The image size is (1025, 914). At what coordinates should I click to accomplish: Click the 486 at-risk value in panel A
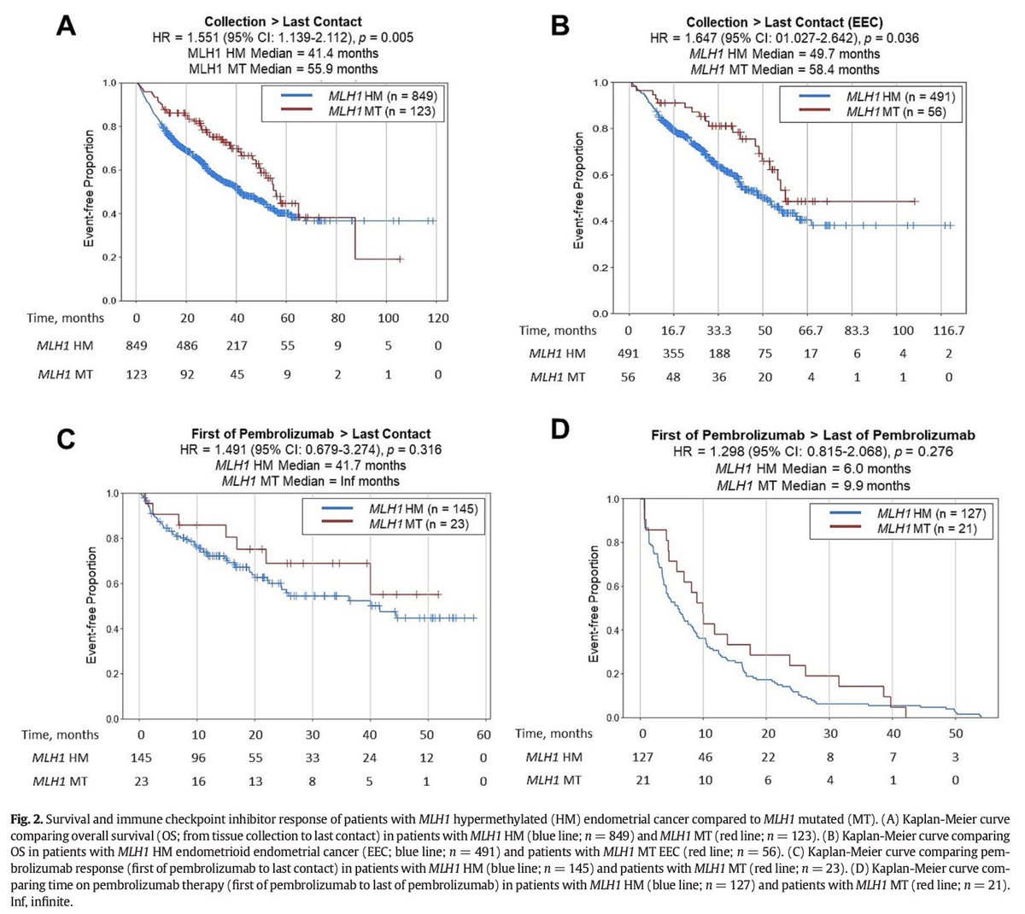187,347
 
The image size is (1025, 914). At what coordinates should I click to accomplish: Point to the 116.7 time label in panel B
941,331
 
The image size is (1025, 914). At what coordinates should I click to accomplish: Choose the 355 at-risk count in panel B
674,354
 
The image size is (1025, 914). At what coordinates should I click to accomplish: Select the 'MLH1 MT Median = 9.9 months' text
813,485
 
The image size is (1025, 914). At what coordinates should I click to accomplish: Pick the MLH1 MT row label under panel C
60,781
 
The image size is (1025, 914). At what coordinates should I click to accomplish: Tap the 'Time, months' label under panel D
554,733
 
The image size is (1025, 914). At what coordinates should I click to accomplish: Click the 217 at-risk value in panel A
237,347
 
